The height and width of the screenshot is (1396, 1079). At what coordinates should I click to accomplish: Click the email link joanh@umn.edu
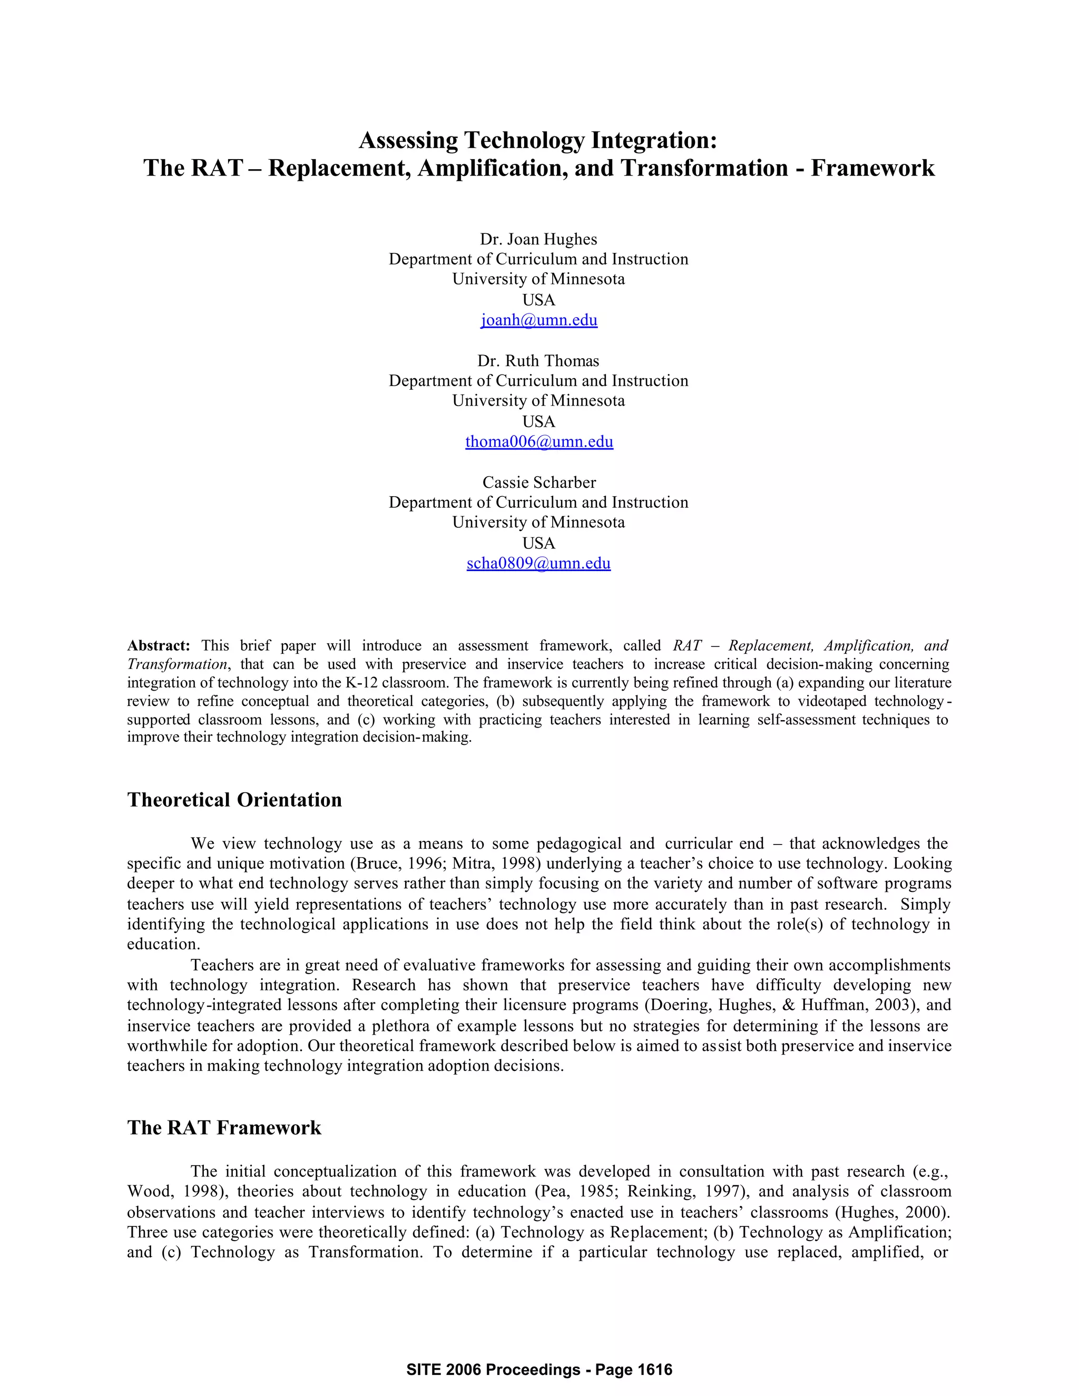(x=539, y=320)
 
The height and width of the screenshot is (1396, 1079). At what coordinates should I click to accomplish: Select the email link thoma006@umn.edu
(x=539, y=441)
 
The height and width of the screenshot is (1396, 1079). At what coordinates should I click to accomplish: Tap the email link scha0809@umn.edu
(x=538, y=563)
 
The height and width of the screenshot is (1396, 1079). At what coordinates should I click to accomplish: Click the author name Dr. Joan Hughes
(x=538, y=239)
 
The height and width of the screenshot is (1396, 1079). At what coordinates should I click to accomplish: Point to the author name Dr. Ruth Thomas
(x=538, y=360)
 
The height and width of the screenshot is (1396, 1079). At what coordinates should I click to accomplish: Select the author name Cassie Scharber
(x=539, y=482)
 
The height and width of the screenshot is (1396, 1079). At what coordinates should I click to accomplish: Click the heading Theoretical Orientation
(x=234, y=800)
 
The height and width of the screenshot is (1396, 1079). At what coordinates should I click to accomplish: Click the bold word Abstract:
(x=159, y=646)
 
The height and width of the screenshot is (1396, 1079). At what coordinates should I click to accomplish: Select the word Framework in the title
(x=872, y=168)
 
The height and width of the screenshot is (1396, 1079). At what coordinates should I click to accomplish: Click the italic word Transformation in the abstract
(x=176, y=664)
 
